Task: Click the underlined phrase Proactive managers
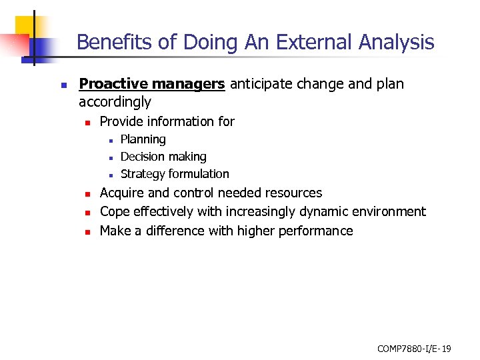(x=152, y=84)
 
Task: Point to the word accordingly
(x=115, y=102)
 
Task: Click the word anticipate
(x=261, y=84)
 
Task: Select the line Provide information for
(x=167, y=121)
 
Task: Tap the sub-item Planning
(x=143, y=139)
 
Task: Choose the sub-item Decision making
(x=163, y=157)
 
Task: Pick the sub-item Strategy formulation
(x=175, y=174)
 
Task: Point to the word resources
(x=293, y=193)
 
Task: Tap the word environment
(x=391, y=212)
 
